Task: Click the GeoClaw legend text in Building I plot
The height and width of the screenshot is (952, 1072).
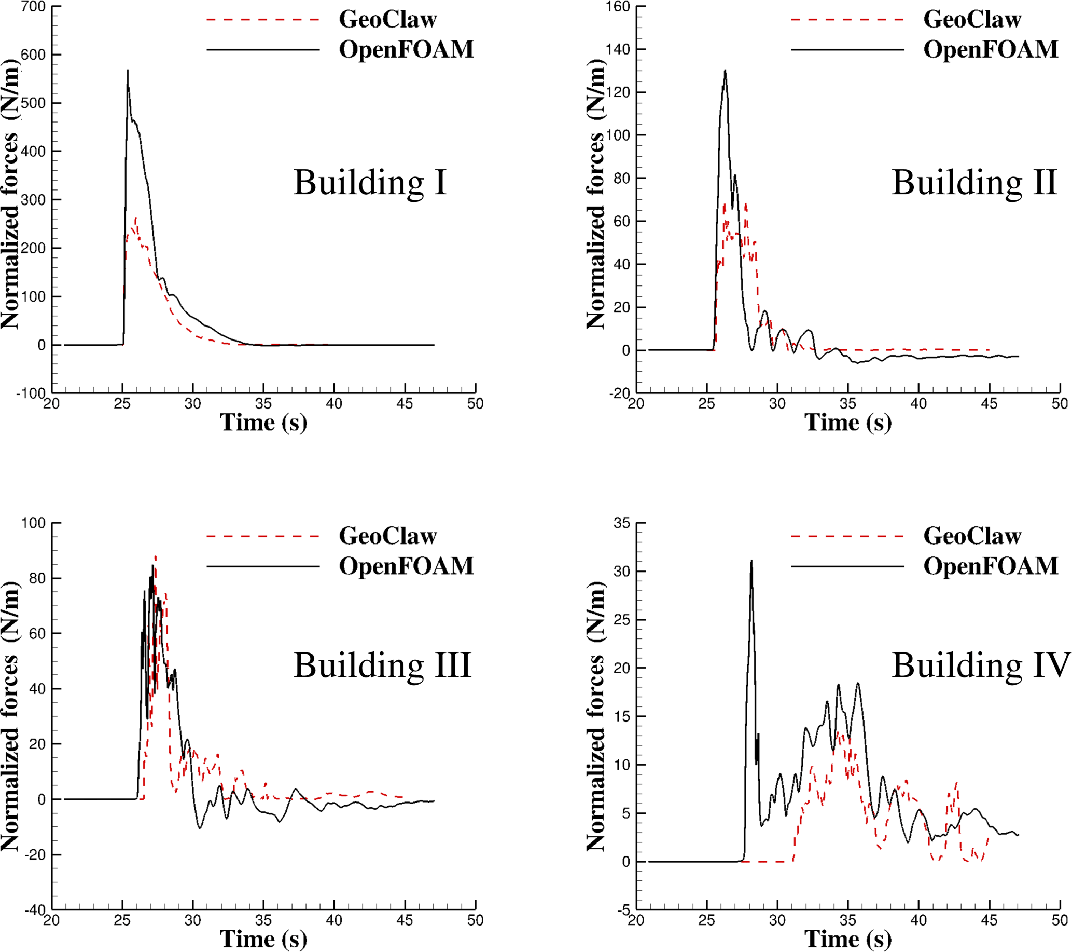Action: pos(387,19)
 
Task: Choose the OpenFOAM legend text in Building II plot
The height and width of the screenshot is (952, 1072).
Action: pos(991,49)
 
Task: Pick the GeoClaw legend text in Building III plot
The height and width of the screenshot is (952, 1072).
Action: pos(387,536)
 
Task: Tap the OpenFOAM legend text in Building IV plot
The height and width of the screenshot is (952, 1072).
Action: pos(991,566)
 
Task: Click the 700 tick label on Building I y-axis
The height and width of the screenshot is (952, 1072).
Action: pos(33,7)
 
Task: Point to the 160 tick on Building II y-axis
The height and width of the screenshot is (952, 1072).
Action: pos(618,7)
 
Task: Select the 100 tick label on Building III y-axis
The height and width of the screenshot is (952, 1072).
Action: pos(33,523)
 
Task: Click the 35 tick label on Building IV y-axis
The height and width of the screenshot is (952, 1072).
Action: pos(622,523)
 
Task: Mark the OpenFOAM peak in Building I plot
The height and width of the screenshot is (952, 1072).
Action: pos(128,70)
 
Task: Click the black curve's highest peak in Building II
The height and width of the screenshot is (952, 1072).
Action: pos(726,70)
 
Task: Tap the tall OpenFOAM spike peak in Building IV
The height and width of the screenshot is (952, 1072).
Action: pos(751,561)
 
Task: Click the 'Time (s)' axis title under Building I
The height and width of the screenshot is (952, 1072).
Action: pos(263,423)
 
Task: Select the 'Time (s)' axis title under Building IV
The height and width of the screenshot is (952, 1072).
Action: pos(848,939)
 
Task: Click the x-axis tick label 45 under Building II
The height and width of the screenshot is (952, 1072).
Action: pos(989,403)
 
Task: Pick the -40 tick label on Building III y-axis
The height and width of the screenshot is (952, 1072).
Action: pos(35,909)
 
